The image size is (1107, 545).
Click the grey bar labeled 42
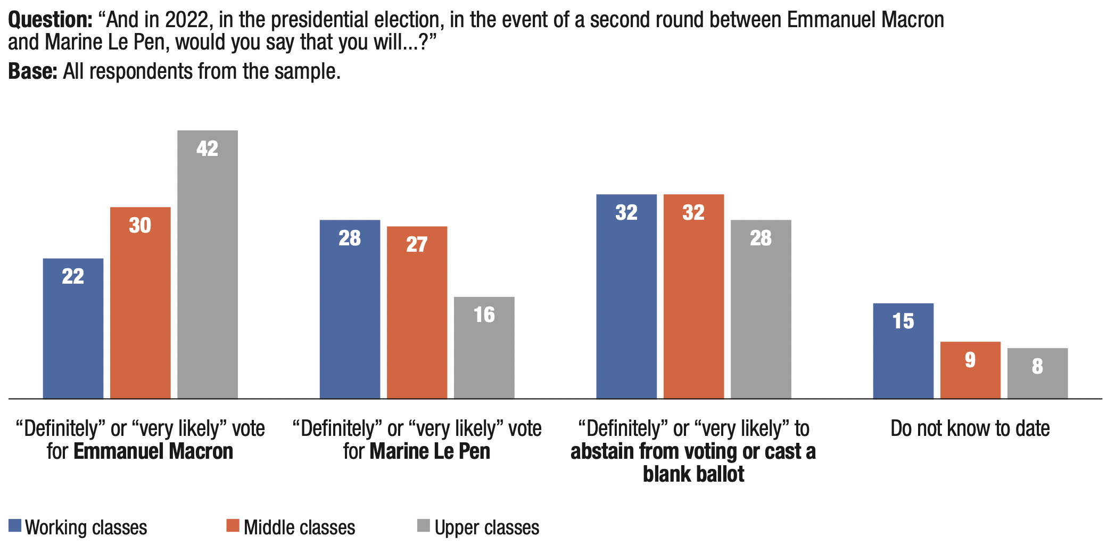(x=208, y=265)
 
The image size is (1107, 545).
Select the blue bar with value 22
(x=73, y=328)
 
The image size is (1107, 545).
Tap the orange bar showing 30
(x=140, y=303)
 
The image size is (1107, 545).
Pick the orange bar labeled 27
(x=417, y=312)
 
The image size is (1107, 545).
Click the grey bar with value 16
(x=484, y=348)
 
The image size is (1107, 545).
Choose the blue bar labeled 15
(x=903, y=351)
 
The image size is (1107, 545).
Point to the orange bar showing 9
(x=970, y=370)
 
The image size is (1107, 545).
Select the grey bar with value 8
(x=1037, y=373)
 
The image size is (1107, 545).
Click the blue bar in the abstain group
(x=626, y=296)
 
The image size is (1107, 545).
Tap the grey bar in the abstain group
(x=761, y=309)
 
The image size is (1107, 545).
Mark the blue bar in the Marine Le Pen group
(x=350, y=309)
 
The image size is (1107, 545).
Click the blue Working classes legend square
(x=15, y=526)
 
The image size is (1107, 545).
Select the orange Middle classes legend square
(x=233, y=526)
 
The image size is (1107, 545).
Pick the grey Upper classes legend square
(x=423, y=526)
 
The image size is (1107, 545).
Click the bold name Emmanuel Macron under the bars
(x=153, y=451)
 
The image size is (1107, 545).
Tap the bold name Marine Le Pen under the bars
(x=430, y=451)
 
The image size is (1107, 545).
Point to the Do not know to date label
(x=970, y=428)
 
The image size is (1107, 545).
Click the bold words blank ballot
(x=693, y=474)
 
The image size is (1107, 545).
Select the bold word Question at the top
(x=50, y=20)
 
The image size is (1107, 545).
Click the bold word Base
(x=32, y=71)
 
